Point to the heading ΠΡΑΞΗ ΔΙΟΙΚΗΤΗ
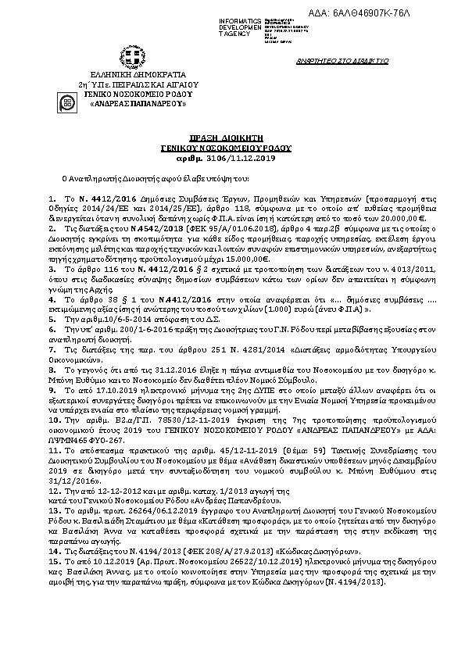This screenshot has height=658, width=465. [x=231, y=136]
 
